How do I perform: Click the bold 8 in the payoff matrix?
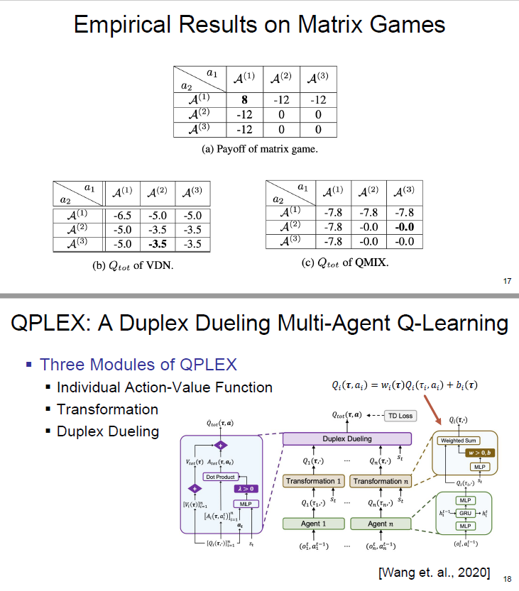244,101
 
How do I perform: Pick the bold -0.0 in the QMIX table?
404,228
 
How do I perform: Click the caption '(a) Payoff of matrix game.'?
255,149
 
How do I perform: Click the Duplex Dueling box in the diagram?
347,439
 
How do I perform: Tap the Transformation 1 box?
313,482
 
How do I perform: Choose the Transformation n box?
381,482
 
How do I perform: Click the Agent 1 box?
313,524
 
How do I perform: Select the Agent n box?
381,524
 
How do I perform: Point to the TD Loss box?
400,415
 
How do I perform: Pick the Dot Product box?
220,477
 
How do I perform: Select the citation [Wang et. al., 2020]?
435,572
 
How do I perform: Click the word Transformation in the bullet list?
107,409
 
